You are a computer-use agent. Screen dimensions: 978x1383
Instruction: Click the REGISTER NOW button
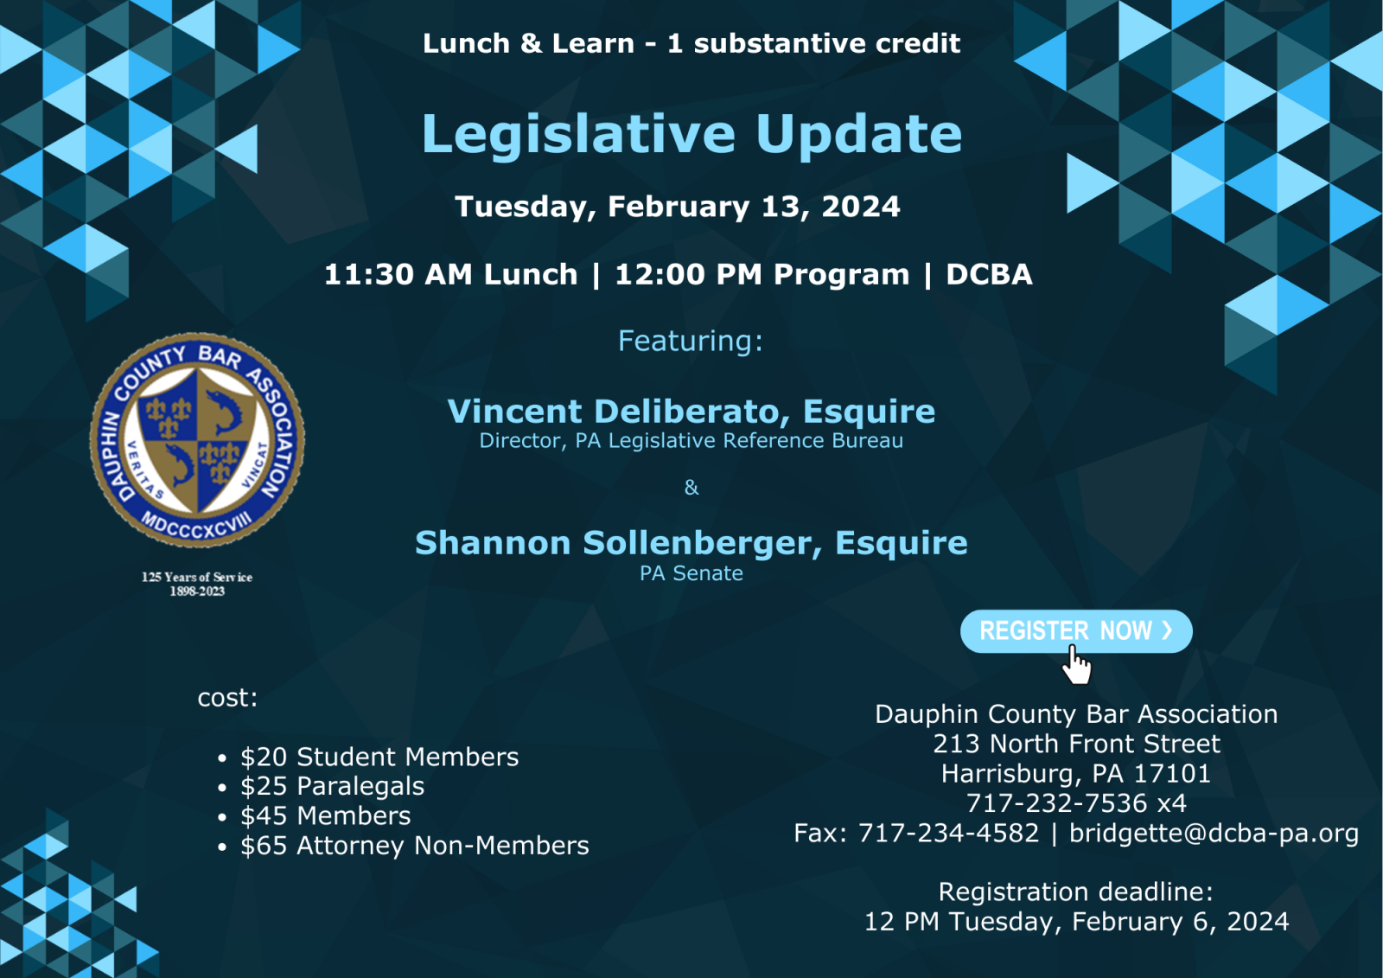pyautogui.click(x=1075, y=631)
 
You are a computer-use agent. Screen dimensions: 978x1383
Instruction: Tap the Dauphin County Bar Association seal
pyautogui.click(x=197, y=439)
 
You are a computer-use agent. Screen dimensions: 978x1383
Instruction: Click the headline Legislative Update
pyautogui.click(x=691, y=134)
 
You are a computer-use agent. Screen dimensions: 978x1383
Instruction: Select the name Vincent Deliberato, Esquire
pyautogui.click(x=691, y=412)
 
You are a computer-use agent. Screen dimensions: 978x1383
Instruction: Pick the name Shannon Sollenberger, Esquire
pyautogui.click(x=691, y=543)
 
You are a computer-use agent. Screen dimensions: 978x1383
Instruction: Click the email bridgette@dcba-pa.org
pyautogui.click(x=1214, y=833)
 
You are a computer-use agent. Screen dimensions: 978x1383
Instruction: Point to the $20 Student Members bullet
pyautogui.click(x=379, y=757)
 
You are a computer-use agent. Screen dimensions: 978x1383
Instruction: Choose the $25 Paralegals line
pyautogui.click(x=332, y=786)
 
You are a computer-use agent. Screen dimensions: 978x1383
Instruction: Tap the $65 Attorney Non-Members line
pyautogui.click(x=415, y=845)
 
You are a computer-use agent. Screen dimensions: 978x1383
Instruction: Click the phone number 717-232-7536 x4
pyautogui.click(x=1076, y=803)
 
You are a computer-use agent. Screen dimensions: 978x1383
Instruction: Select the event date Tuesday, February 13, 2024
pyautogui.click(x=678, y=207)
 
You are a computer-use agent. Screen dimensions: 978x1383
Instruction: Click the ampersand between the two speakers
pyautogui.click(x=691, y=488)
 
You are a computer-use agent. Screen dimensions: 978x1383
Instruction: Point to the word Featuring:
pyautogui.click(x=691, y=341)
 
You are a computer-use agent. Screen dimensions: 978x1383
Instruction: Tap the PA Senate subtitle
pyautogui.click(x=691, y=573)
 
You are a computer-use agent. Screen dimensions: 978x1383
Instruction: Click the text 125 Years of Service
pyautogui.click(x=197, y=577)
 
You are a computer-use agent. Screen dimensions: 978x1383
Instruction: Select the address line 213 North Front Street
pyautogui.click(x=1076, y=744)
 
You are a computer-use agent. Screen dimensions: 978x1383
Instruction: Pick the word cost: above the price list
pyautogui.click(x=227, y=698)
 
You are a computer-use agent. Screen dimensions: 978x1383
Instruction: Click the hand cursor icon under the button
pyautogui.click(x=1077, y=666)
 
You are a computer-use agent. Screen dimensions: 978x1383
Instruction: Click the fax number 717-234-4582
pyautogui.click(x=948, y=833)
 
